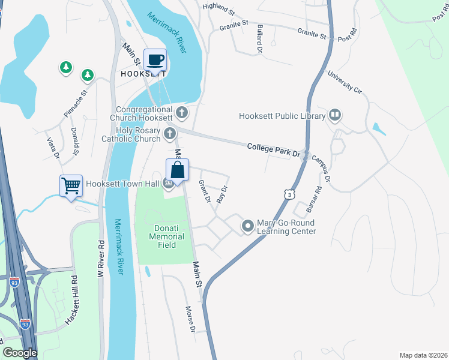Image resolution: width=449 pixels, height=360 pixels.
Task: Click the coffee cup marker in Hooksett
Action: (x=155, y=60)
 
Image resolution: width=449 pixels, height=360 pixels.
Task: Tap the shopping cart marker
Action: (x=71, y=186)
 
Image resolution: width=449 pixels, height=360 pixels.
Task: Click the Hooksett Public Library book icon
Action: (x=335, y=115)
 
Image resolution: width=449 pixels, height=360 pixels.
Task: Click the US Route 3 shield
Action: (x=291, y=194)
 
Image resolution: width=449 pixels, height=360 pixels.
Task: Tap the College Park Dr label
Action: (x=274, y=149)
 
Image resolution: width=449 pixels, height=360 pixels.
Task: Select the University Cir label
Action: (x=345, y=82)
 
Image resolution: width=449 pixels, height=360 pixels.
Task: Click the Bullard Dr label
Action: (x=260, y=39)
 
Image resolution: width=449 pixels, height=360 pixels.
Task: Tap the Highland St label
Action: (x=218, y=8)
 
